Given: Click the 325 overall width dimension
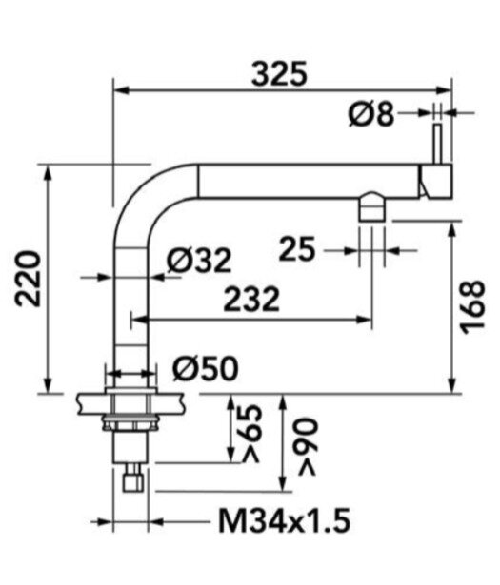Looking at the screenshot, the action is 279,74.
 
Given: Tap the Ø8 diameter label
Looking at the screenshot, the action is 371,114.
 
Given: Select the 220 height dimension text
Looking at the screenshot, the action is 28,279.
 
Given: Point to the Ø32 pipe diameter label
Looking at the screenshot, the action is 199,261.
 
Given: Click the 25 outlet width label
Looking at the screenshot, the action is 297,249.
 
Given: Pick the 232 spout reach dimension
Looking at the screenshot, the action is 251,299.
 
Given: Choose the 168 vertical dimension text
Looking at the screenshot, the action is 472,307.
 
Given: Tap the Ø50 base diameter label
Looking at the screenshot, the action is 206,369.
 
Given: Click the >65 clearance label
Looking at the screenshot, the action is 250,433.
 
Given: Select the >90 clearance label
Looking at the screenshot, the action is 308,447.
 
